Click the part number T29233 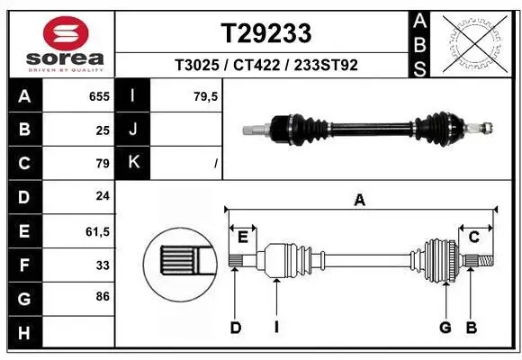point(266,33)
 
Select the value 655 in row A point(98,94)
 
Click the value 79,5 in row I point(206,94)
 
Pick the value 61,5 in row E point(96,231)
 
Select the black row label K point(133,162)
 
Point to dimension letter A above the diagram point(360,201)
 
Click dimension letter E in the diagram point(242,237)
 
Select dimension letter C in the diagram point(473,237)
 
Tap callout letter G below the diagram point(445,328)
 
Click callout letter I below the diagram point(276,328)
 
